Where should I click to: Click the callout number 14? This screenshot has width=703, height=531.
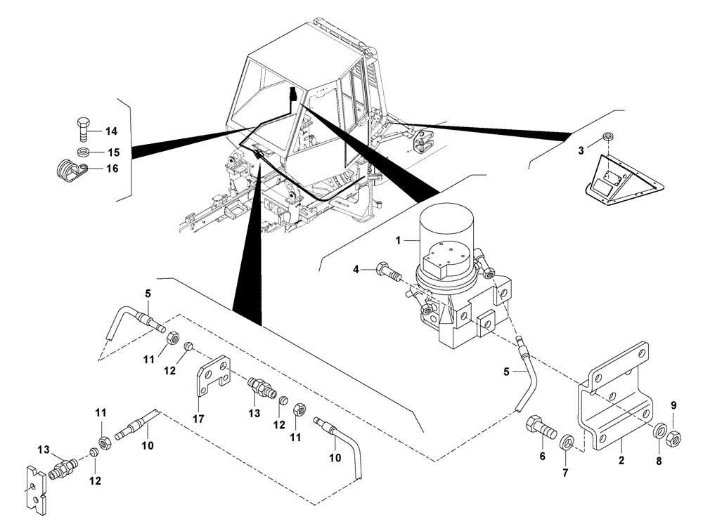click(112, 131)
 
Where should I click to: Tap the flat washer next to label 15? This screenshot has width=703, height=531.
click(83, 152)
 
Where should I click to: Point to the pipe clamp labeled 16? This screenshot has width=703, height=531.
click(70, 170)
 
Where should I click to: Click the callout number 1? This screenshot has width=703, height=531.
click(397, 240)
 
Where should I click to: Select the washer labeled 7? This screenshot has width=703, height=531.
click(567, 442)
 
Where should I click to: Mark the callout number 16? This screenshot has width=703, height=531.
click(112, 169)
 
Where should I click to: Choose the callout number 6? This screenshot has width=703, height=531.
click(541, 456)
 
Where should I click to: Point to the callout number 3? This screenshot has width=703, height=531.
click(581, 150)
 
